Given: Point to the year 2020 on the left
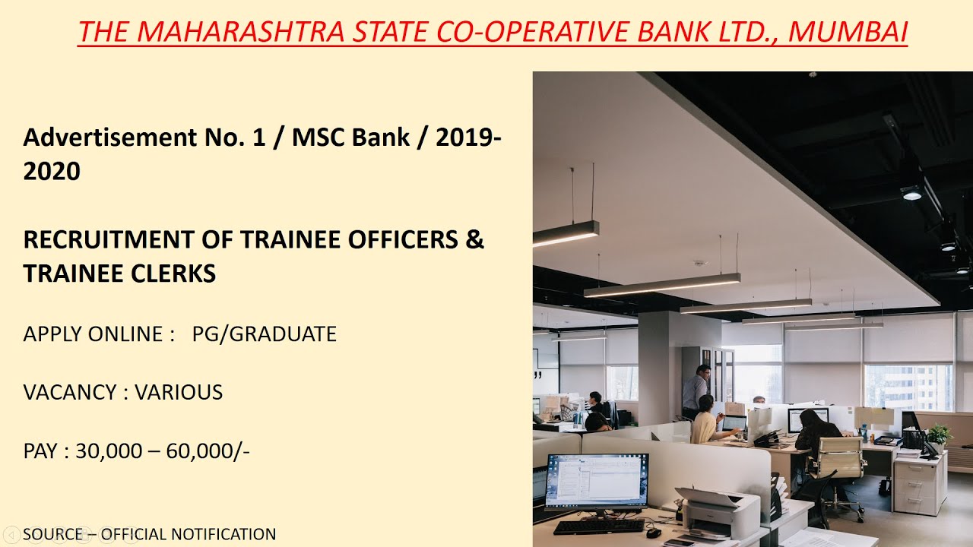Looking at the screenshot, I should [52, 171].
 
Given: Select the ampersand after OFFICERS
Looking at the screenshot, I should [474, 239].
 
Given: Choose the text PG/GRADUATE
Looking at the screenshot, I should [264, 334].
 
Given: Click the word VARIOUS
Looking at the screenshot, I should [179, 392].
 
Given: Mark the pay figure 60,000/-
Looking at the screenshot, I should [208, 451].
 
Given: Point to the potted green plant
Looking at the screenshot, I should [940, 435].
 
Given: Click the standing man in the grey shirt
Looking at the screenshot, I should [695, 390].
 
